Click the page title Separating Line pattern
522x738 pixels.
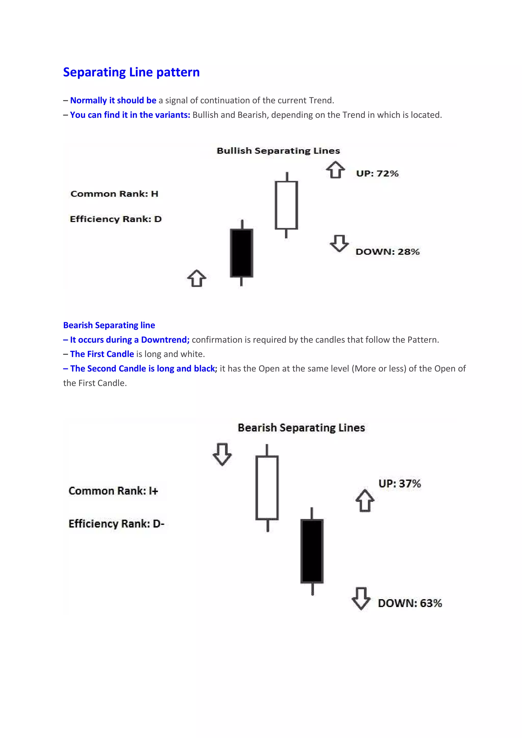tap(131, 72)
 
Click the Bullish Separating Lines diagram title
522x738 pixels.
tap(278, 151)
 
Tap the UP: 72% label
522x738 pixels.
tap(377, 174)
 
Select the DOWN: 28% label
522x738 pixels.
tap(387, 252)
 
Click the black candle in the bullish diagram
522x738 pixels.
tap(242, 253)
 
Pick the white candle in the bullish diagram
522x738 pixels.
tap(286, 205)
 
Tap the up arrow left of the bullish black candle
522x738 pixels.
tap(197, 278)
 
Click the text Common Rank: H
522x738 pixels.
tap(114, 194)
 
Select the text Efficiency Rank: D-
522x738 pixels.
tap(116, 524)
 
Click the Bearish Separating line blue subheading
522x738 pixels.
tap(109, 325)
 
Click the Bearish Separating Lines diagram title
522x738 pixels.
tap(301, 428)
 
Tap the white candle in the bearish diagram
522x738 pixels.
tap(267, 488)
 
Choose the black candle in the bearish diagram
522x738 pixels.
tap(312, 551)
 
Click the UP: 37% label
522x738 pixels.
tap(399, 483)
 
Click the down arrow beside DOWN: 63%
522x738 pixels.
tap(361, 598)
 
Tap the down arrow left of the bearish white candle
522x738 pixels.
tap(222, 454)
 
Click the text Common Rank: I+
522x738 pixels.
tap(113, 491)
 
